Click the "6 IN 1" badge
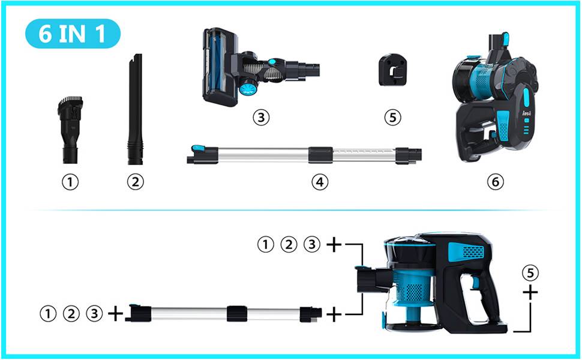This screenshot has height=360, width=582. [x=73, y=34]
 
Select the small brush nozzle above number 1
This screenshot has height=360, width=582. [x=70, y=130]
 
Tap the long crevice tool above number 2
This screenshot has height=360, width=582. [x=135, y=109]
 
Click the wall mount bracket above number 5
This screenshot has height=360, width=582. [x=393, y=70]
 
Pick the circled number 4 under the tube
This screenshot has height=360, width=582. [x=320, y=182]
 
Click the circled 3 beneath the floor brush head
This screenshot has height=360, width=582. [x=261, y=117]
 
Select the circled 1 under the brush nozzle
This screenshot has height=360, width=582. [x=70, y=182]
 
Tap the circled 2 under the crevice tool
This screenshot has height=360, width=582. [x=135, y=182]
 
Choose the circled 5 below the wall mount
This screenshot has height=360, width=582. [x=393, y=118]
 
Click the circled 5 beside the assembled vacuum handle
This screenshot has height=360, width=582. [x=530, y=273]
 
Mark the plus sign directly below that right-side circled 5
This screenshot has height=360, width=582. [x=530, y=293]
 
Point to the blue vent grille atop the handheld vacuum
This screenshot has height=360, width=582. [x=467, y=251]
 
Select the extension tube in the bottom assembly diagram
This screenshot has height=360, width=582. [x=223, y=314]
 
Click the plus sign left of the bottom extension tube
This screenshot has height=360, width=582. [x=115, y=314]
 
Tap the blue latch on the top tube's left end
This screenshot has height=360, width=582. [x=197, y=148]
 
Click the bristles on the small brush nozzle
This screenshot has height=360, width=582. [x=70, y=100]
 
